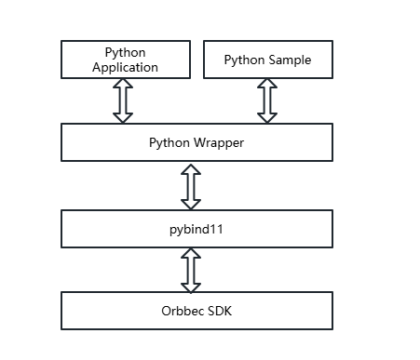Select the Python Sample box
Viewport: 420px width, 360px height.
pyautogui.click(x=267, y=60)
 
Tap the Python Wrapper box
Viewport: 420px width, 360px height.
pyautogui.click(x=196, y=142)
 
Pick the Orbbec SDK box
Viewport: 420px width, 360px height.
pyautogui.click(x=196, y=310)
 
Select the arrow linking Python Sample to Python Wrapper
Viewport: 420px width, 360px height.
pyautogui.click(x=267, y=100)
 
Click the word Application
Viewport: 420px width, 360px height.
pyautogui.click(x=125, y=67)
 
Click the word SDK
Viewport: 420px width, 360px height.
pyautogui.click(x=219, y=310)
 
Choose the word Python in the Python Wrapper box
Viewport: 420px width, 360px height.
pyautogui.click(x=169, y=142)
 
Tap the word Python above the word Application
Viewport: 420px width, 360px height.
pyautogui.click(x=125, y=52)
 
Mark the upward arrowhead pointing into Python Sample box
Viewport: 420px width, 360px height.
pyautogui.click(x=267, y=85)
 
